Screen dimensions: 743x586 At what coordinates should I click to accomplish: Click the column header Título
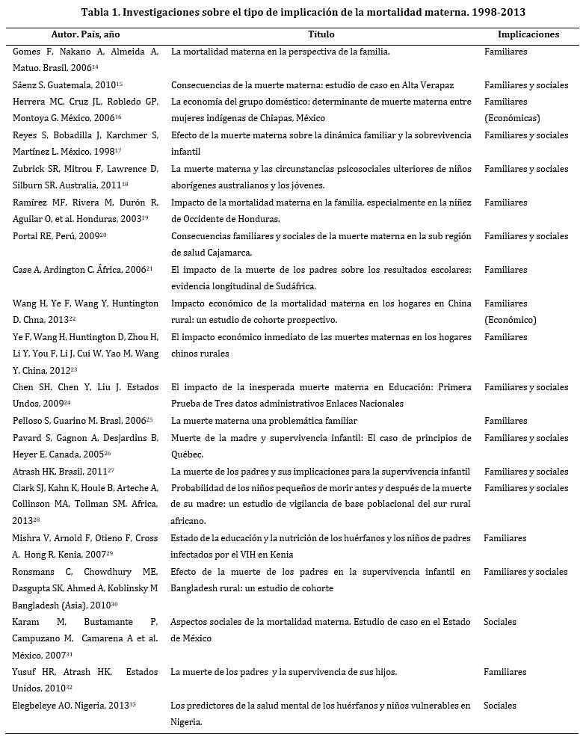321,35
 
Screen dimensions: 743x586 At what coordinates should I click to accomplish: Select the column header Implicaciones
528,35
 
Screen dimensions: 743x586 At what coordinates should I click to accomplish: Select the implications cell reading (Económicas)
512,118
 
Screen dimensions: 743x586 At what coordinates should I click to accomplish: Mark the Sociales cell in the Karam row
500,622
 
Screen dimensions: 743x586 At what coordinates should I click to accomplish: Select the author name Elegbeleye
37,706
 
